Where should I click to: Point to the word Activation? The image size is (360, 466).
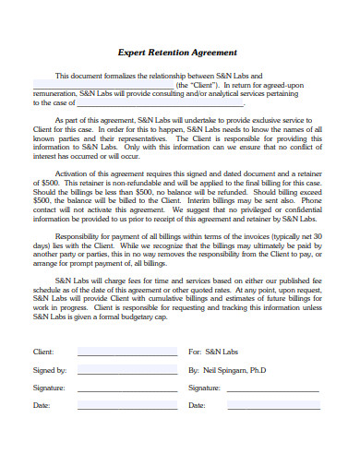coord(76,173)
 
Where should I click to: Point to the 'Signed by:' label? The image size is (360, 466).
coord(49,370)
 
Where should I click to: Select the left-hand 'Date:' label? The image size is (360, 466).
coord(42,405)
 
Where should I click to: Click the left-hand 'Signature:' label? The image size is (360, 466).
coord(49,388)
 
